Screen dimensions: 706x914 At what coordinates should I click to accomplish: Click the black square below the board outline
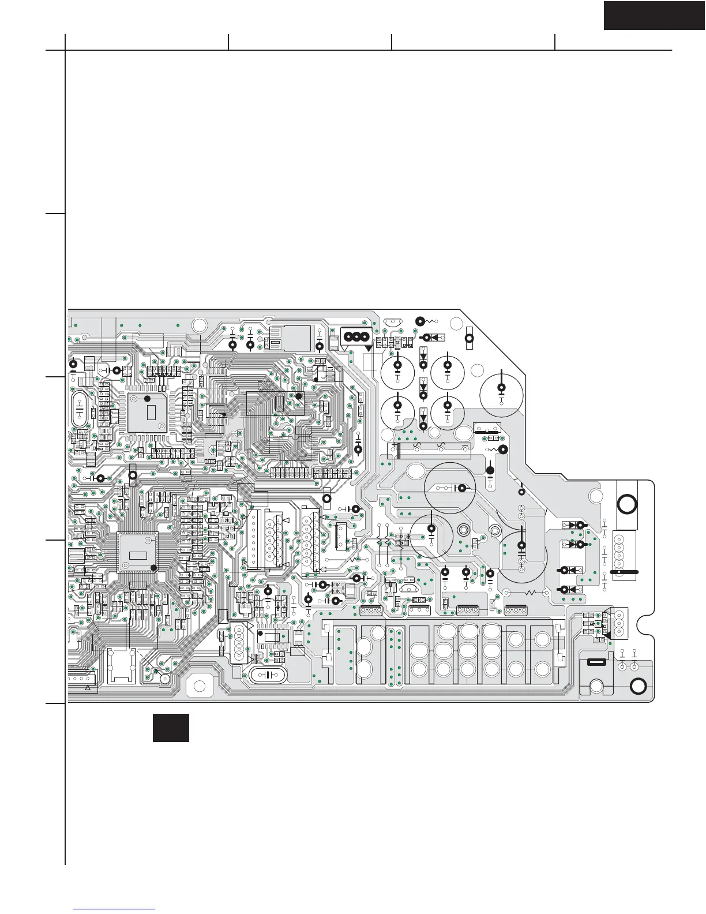pos(171,728)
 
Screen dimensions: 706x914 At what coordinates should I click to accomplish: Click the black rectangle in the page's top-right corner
pos(654,16)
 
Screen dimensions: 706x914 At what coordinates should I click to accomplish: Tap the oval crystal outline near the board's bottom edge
pos(266,675)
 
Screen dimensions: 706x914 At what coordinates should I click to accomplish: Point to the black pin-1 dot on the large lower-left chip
pos(153,568)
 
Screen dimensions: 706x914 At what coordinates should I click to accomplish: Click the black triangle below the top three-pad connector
pos(368,348)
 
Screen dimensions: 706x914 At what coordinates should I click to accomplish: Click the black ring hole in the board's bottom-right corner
pos(638,686)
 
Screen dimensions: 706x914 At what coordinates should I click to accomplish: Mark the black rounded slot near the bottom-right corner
pos(595,662)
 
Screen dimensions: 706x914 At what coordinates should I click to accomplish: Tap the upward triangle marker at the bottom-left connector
pos(88,688)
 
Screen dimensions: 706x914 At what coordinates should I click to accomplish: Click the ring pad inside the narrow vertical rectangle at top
pos(469,339)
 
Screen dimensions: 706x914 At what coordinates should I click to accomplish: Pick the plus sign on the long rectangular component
pos(396,445)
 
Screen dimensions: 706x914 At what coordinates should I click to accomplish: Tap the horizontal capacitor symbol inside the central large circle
pos(456,488)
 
